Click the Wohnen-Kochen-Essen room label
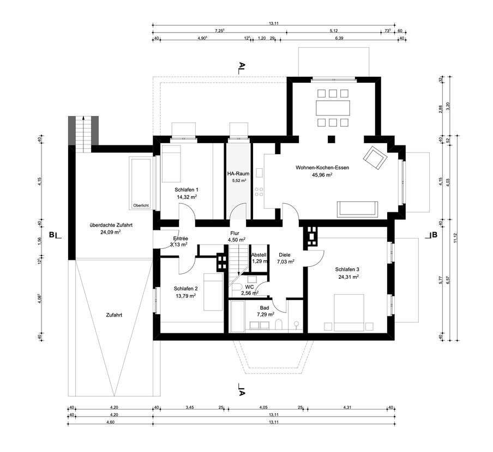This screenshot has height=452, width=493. coord(322,168)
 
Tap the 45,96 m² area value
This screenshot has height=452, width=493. coord(322,175)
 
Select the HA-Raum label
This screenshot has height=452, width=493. coord(238,173)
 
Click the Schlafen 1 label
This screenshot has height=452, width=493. coord(186,190)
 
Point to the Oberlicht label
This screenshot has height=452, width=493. coord(141,205)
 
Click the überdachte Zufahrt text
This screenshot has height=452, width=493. coord(111,224)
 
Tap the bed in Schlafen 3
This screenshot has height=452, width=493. coord(349,311)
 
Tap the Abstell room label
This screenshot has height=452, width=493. coord(258,255)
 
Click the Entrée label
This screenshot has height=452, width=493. coord(181,239)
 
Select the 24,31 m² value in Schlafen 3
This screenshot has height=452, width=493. coord(347,277)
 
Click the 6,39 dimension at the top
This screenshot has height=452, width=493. coord(339,39)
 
